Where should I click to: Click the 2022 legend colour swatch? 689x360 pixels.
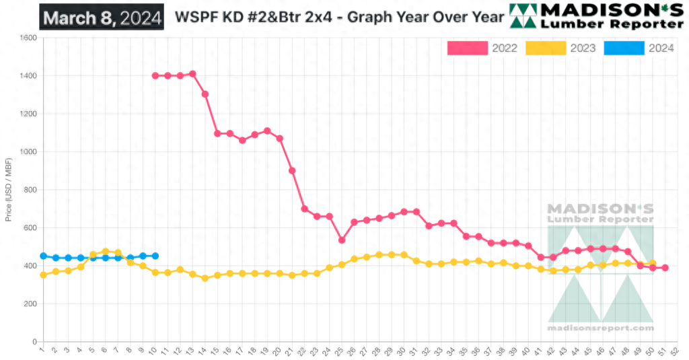point(468,48)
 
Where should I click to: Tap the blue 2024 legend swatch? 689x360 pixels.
point(624,48)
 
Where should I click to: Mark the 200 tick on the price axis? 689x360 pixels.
point(30,304)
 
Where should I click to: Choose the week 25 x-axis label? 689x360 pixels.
point(342,350)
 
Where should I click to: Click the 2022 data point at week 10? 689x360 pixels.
point(155,76)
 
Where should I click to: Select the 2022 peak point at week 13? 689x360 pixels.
point(192,74)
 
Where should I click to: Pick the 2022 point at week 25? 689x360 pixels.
point(342,240)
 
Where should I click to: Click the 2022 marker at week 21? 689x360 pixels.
point(292,171)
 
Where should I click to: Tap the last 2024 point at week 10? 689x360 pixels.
point(155,256)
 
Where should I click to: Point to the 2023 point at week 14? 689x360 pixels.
point(205,278)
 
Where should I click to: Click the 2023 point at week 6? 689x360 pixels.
point(105,252)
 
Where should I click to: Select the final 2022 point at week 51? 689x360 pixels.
point(665,268)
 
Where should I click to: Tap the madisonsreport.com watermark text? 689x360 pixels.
point(600,328)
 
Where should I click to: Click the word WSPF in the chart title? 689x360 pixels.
point(194,17)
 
